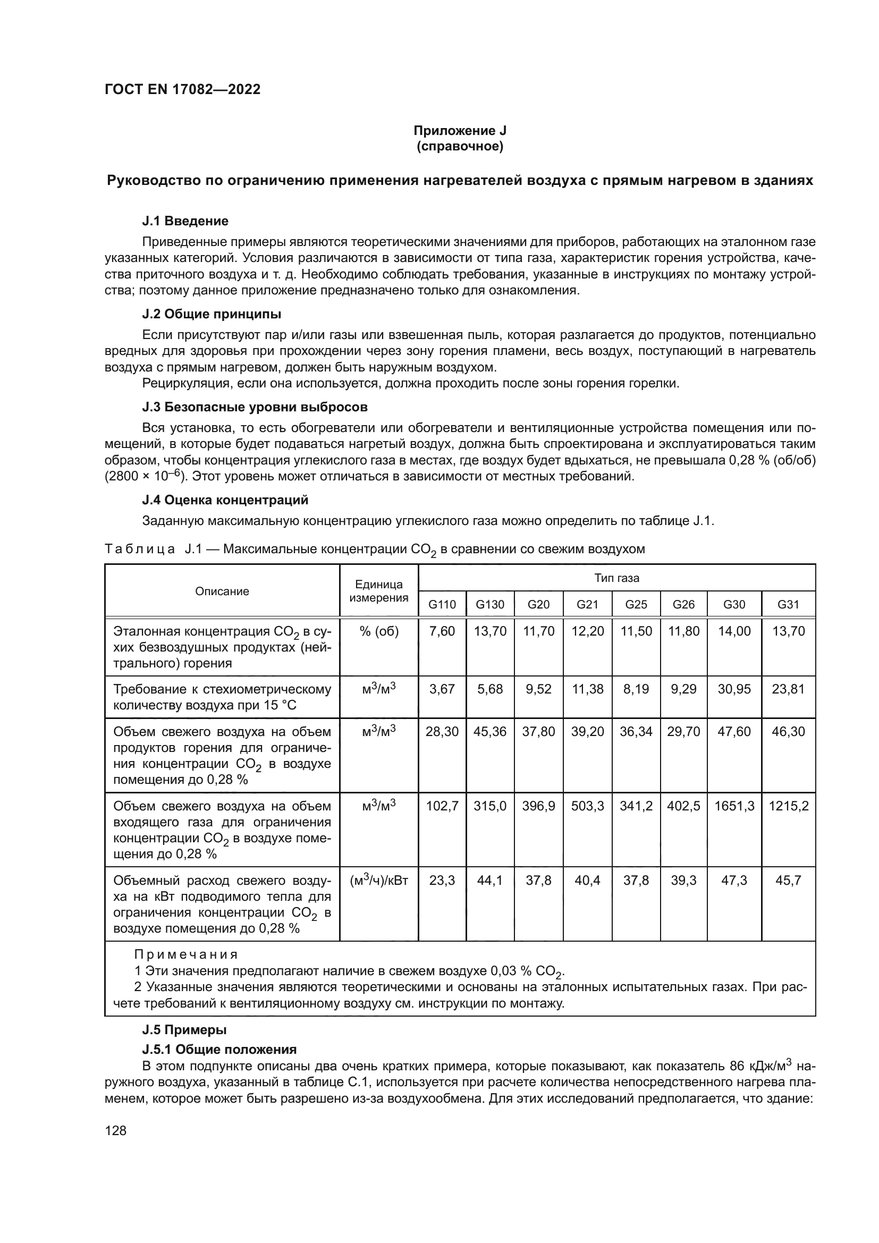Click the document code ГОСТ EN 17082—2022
point(182,89)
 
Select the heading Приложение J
point(460,131)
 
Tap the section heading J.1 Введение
point(185,221)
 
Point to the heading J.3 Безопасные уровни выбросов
point(255,407)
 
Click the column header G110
point(442,604)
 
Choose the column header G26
point(683,604)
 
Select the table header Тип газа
point(616,578)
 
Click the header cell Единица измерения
point(378,590)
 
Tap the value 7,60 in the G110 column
point(442,631)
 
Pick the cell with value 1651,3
point(734,806)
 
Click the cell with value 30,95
point(734,689)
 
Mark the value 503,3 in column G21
point(587,806)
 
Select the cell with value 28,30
point(442,731)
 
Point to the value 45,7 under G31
point(788,881)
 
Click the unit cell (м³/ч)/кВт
point(378,881)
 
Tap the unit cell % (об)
point(378,631)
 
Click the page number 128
point(115,1130)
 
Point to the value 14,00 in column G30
point(734,631)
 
